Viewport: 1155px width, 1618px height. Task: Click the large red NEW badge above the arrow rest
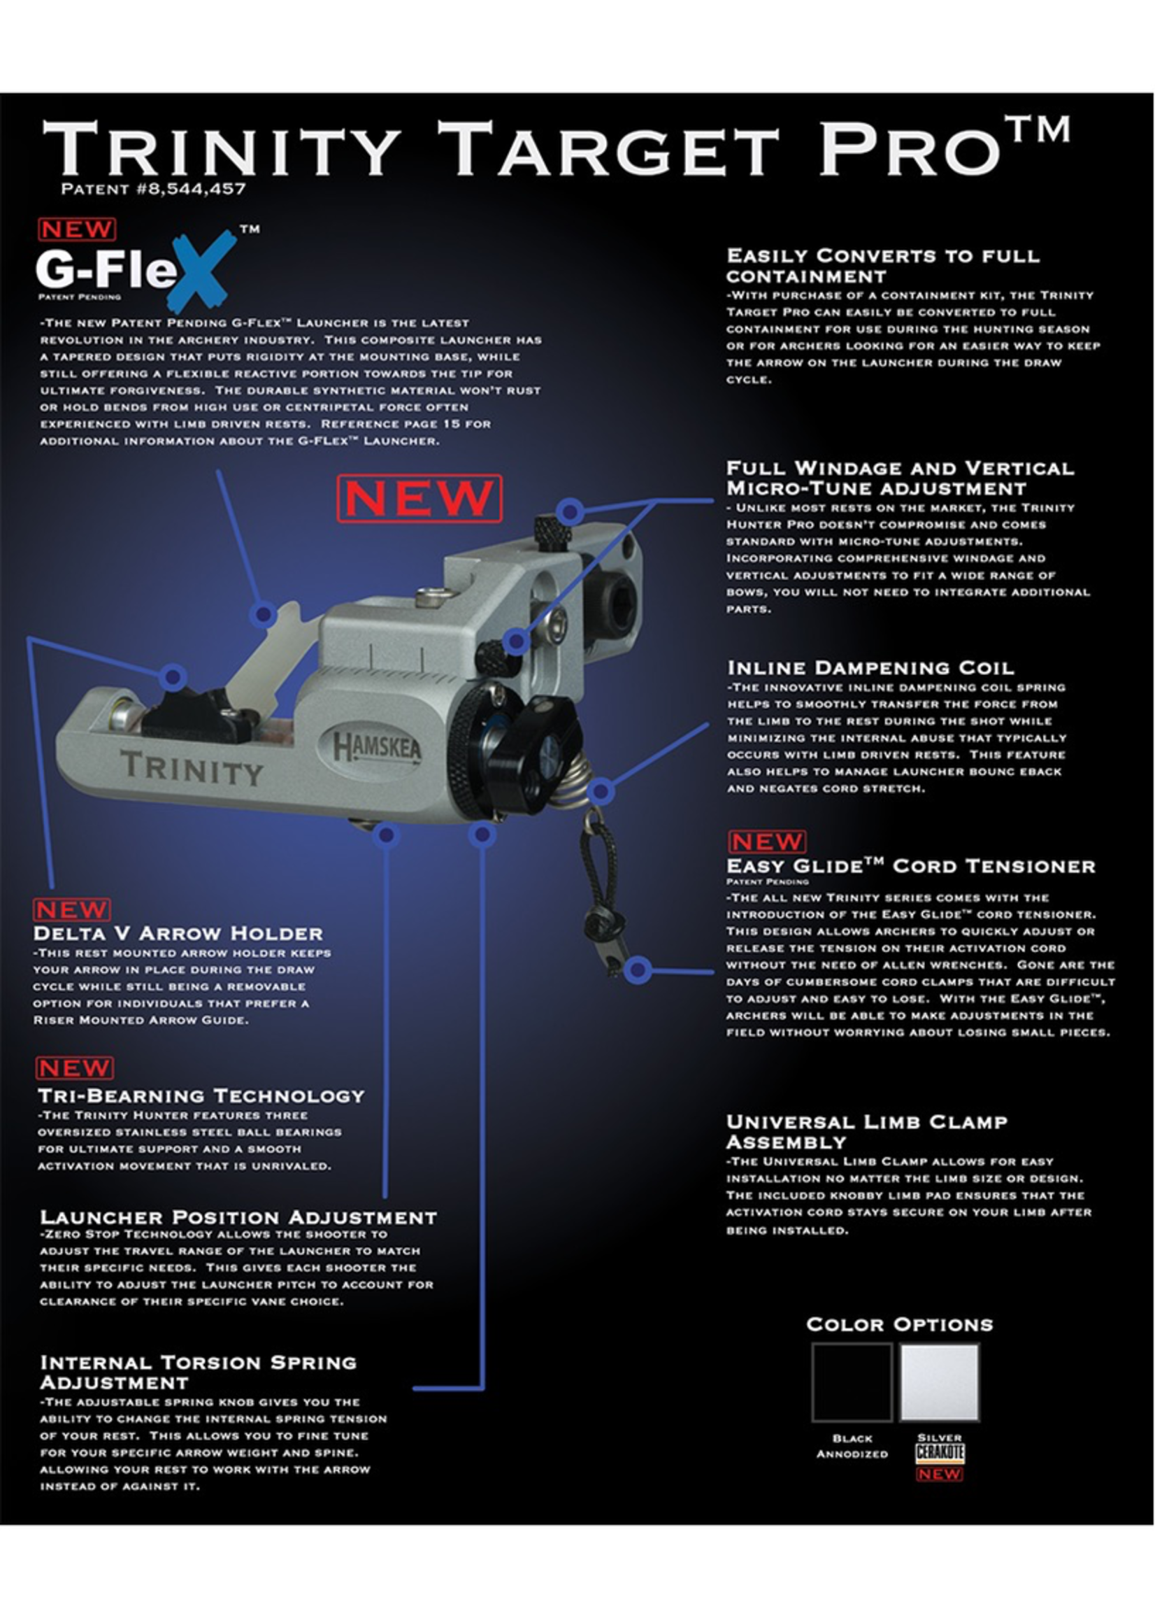419,499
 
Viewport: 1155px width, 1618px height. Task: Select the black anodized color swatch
852,1382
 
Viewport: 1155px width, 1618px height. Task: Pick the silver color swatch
939,1382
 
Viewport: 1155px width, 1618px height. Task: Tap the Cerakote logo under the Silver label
940,1453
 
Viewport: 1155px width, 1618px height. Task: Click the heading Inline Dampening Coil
870,668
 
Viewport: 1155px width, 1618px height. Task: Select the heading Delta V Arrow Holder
178,932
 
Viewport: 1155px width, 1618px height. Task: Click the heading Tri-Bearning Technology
201,1095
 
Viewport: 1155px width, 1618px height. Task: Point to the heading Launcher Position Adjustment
238,1217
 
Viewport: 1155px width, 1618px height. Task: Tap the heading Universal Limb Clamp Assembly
867,1132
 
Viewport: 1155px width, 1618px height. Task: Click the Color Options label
900,1324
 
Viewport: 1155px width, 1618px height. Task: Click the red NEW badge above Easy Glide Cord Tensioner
767,842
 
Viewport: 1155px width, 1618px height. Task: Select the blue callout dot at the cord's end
638,968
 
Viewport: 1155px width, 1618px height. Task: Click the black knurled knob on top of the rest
552,531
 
